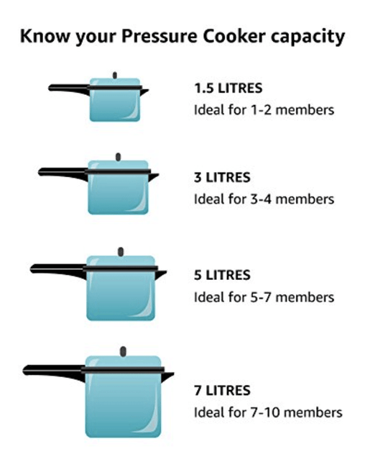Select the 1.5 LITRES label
[x=228, y=89]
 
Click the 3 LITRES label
[x=222, y=177]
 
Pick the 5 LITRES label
[x=222, y=275]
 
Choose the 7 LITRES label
[x=222, y=391]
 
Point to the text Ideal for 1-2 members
[x=264, y=110]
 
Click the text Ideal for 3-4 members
[x=264, y=199]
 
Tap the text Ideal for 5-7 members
[x=264, y=296]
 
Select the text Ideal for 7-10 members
[x=267, y=412]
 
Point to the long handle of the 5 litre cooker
[x=57, y=268]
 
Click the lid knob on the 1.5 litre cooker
[x=114, y=74]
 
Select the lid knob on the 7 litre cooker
[x=124, y=351]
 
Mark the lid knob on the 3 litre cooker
[x=118, y=156]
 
